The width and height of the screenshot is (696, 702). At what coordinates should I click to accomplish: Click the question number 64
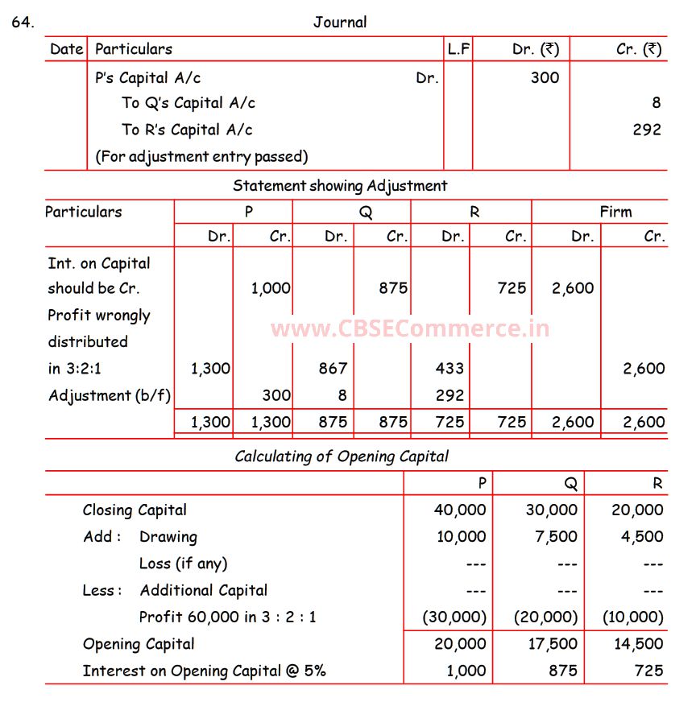click(23, 23)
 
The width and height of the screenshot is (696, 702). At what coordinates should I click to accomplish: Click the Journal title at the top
click(340, 23)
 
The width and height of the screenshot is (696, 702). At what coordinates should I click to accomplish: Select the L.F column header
click(458, 49)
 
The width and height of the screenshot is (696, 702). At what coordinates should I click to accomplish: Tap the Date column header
click(66, 49)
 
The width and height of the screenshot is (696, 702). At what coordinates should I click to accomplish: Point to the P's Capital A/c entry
click(147, 78)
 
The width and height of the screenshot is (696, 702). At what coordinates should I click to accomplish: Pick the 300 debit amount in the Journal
click(545, 78)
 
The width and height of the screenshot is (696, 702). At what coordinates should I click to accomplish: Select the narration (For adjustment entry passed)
click(201, 156)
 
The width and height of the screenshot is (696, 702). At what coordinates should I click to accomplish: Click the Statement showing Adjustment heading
click(340, 186)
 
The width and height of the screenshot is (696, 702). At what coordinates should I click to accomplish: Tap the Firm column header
click(615, 213)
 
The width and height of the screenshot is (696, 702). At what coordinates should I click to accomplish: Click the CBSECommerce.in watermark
click(410, 328)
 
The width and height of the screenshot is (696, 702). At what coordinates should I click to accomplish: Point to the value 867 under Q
click(333, 369)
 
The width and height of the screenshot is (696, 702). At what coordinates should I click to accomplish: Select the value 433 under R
click(449, 369)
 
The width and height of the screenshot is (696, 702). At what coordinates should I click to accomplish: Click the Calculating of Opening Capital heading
click(342, 456)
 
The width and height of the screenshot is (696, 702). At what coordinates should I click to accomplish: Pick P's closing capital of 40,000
click(460, 510)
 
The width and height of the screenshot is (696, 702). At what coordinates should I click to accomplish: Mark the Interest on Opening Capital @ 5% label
click(204, 671)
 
